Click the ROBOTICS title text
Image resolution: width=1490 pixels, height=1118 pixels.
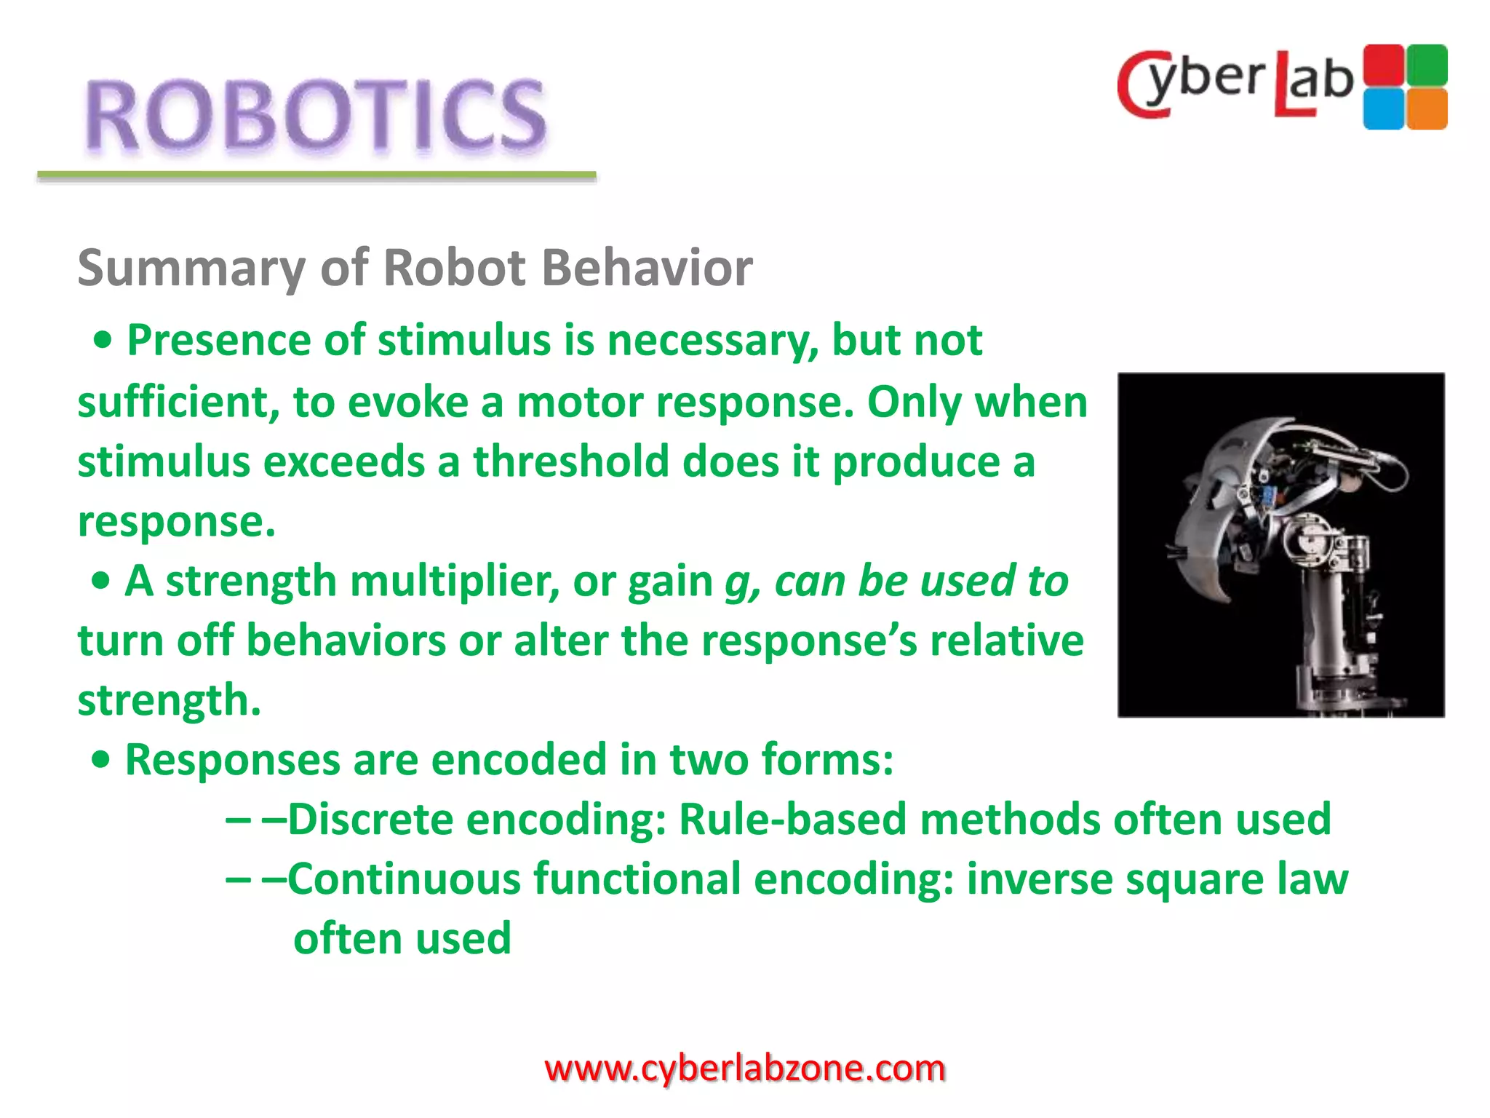coord(315,116)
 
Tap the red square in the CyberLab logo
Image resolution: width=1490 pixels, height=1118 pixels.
coord(1383,65)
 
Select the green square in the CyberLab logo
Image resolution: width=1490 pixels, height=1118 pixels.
coord(1427,65)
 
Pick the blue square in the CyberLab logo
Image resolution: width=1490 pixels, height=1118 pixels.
coord(1383,108)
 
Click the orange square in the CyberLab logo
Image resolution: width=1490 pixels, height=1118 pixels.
coord(1427,108)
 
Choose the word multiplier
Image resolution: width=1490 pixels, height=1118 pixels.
coord(454,582)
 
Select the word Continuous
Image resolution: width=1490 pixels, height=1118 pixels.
coord(405,879)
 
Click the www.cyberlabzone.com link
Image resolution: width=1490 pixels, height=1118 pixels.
coord(744,1069)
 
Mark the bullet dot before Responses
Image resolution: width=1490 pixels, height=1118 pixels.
coord(101,760)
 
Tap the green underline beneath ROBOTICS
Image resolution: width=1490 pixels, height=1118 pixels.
coord(316,175)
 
